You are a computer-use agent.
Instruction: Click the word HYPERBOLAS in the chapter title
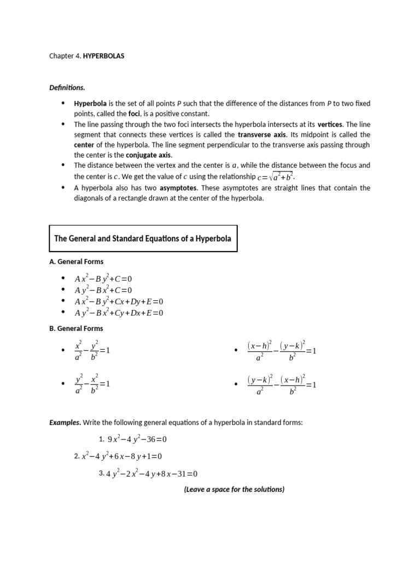click(104, 56)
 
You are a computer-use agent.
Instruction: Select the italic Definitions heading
click(67, 88)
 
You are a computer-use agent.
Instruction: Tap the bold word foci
click(135, 113)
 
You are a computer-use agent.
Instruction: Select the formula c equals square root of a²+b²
click(277, 176)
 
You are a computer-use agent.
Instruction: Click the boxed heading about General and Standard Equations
click(143, 238)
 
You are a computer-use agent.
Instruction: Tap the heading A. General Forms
click(76, 262)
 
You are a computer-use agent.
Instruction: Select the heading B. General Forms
click(76, 329)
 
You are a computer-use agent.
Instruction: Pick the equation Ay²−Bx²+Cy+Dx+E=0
click(119, 313)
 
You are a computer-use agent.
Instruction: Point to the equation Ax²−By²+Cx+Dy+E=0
click(119, 301)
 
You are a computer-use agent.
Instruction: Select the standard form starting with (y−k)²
click(282, 384)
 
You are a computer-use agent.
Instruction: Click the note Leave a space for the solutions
click(234, 489)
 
